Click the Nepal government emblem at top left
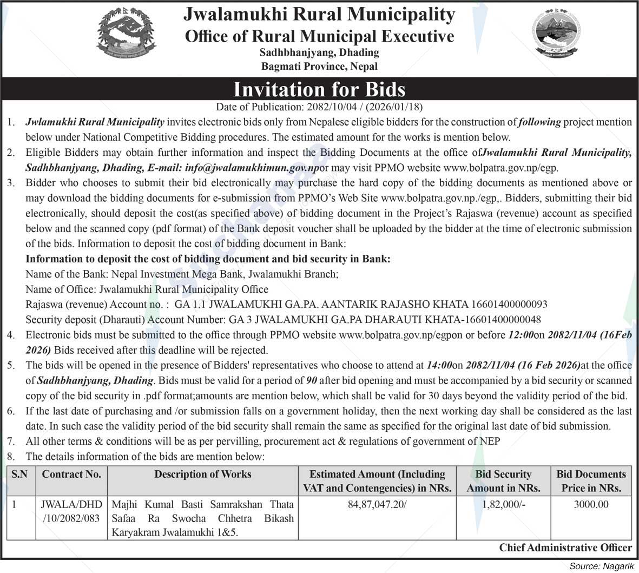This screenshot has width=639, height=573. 125,34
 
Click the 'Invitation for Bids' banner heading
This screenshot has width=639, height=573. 319,89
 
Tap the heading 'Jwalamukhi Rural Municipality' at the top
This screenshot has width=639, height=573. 319,15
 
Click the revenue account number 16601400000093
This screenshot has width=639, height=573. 510,304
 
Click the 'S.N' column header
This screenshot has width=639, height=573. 19,475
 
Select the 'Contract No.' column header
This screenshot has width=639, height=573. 71,475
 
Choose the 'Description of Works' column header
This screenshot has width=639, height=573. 203,475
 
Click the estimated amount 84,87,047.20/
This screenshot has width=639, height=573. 377,505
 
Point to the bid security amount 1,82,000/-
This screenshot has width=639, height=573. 503,505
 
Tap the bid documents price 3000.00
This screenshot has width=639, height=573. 591,505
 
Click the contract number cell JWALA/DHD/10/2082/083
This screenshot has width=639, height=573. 71,511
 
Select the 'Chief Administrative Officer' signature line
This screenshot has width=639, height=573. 565,548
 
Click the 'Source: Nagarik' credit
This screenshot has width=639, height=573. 601,566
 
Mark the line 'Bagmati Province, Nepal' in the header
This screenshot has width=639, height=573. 319,67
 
